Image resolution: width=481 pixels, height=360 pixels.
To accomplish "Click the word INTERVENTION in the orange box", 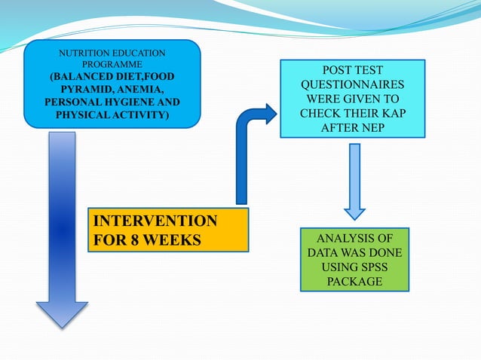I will pos(154,221).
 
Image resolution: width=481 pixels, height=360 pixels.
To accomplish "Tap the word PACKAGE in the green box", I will pos(354,281).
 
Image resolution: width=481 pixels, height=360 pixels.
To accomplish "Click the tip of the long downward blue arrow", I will pos(62,325).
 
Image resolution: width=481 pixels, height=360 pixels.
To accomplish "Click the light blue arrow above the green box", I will pos(354,181).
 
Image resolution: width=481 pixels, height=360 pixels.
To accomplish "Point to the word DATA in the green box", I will pos(324,252).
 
